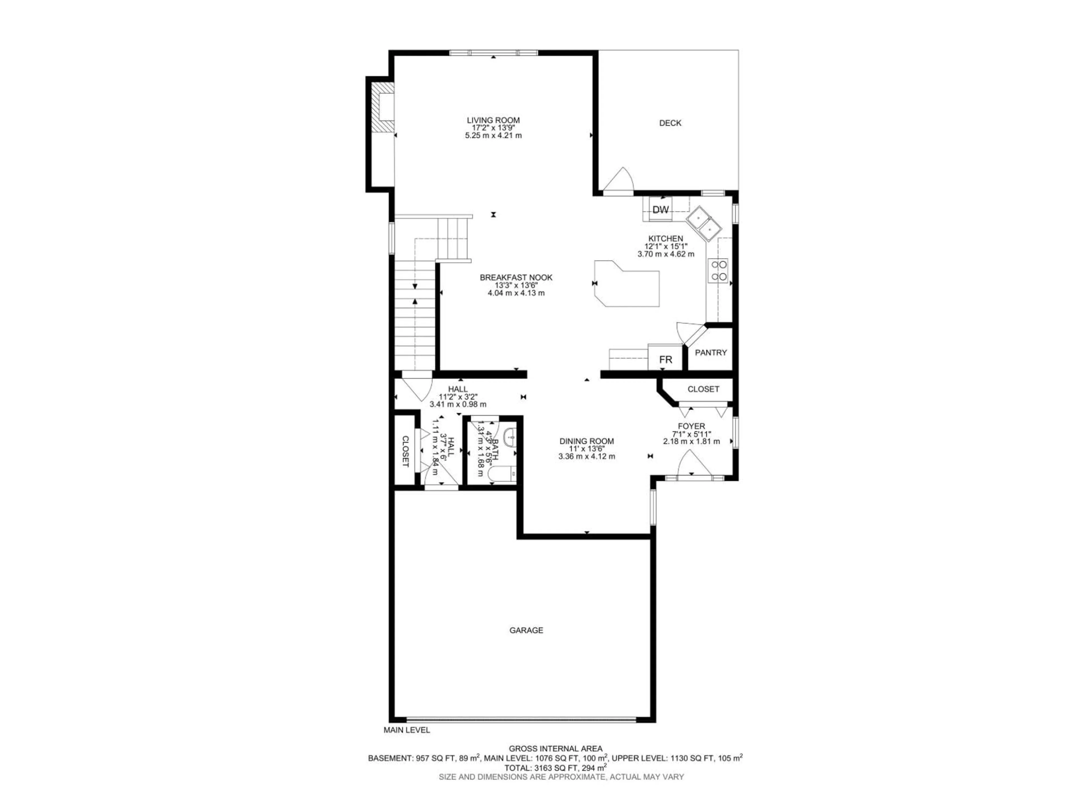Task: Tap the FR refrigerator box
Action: [x=665, y=360]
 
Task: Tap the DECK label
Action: [x=670, y=123]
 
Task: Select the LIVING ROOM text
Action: [x=493, y=120]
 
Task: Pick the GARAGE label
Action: [x=526, y=630]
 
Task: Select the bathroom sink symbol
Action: [x=509, y=436]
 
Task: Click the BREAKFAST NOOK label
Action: [x=516, y=277]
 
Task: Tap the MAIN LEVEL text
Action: [x=407, y=744]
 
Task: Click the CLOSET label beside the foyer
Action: [x=703, y=389]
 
